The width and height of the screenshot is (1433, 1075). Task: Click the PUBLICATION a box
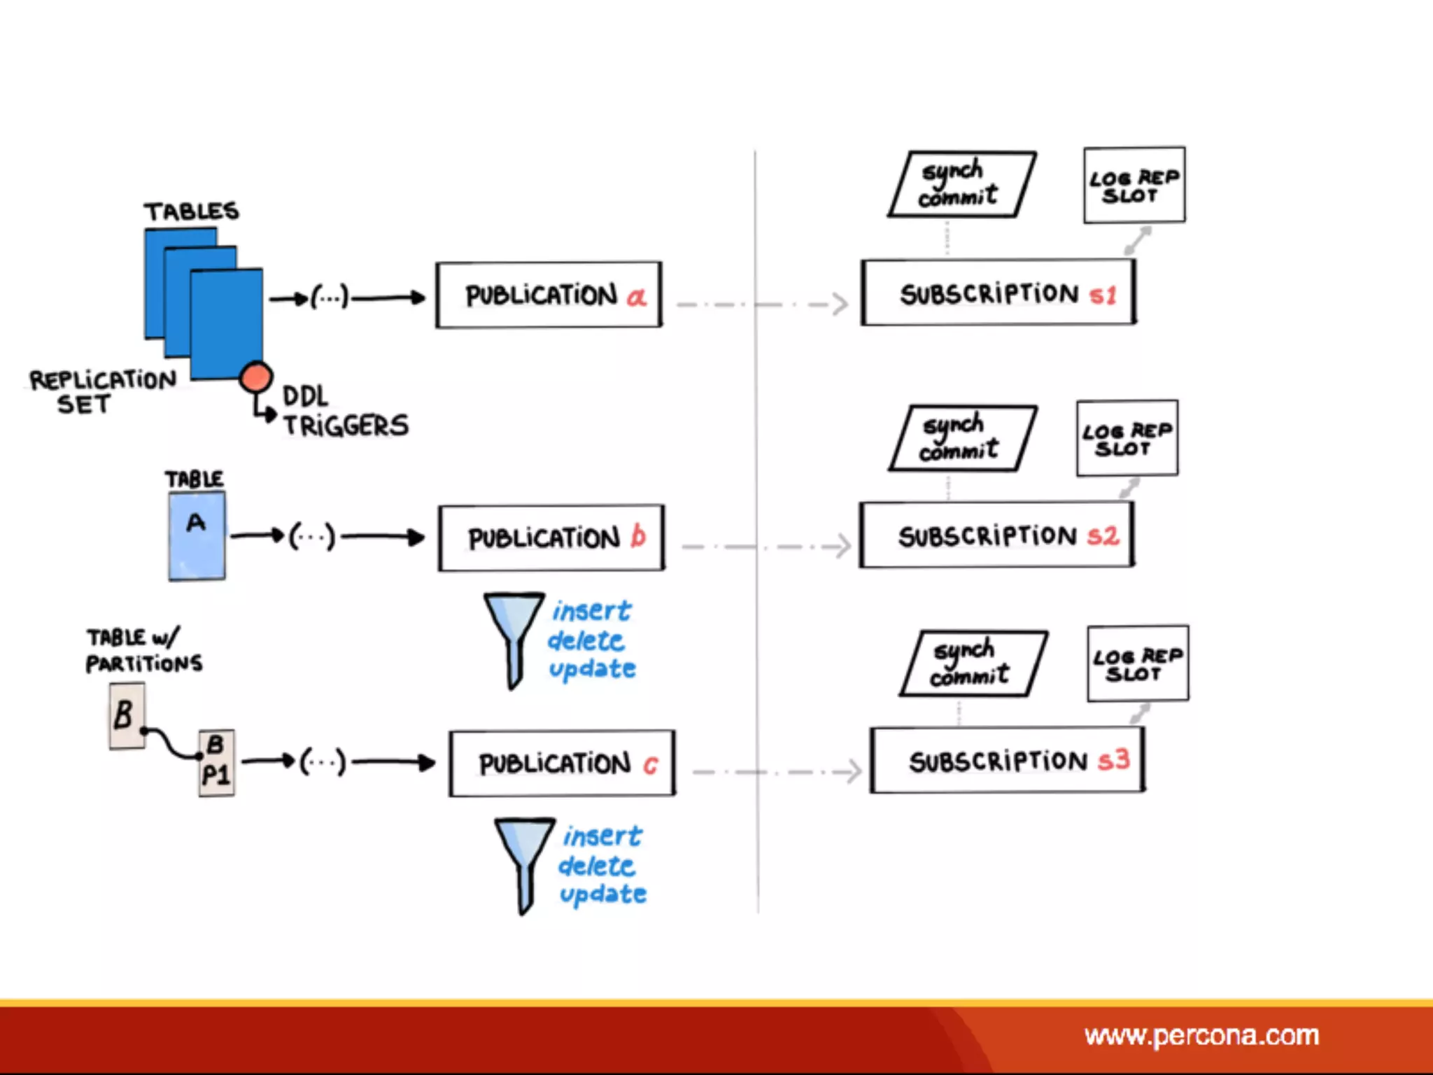click(x=549, y=295)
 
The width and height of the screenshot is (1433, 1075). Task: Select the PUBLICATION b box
click(x=551, y=537)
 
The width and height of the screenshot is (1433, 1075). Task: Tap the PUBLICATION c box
click(x=562, y=763)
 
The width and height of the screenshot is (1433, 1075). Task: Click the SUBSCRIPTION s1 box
click(x=998, y=293)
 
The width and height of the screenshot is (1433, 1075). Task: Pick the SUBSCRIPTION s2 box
click(x=996, y=535)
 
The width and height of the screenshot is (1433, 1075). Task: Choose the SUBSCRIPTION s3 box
click(x=1008, y=761)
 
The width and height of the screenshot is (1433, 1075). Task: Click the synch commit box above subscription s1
click(x=961, y=185)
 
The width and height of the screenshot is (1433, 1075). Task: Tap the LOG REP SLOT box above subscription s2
click(x=1127, y=439)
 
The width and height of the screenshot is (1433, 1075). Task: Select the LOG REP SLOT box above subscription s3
click(x=1138, y=663)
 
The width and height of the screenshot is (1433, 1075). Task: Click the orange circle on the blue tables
click(x=255, y=377)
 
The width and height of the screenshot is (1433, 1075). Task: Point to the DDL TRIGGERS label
click(x=344, y=412)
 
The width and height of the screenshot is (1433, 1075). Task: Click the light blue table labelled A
click(x=197, y=536)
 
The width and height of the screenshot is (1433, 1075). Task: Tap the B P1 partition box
click(x=216, y=764)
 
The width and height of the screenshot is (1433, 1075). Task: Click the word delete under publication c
click(x=596, y=866)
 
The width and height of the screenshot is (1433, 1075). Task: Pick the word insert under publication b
click(x=592, y=611)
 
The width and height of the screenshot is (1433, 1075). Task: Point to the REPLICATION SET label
click(x=101, y=391)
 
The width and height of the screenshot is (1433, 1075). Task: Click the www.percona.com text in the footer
click(x=1201, y=1035)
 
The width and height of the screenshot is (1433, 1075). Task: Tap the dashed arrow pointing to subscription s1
click(x=763, y=304)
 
